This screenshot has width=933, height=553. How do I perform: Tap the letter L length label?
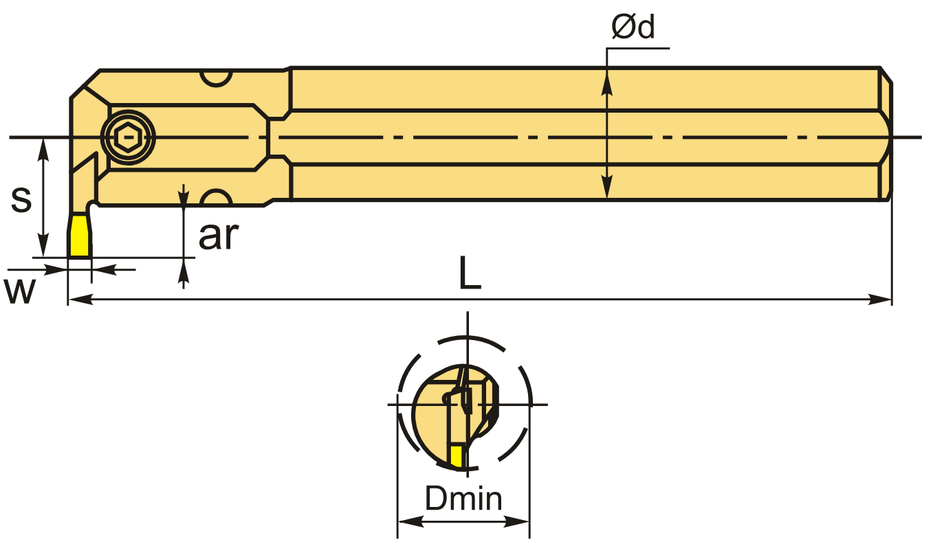point(470,275)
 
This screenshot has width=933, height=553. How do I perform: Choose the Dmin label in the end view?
point(463,499)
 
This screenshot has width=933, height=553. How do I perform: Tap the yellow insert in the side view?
point(79,236)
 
